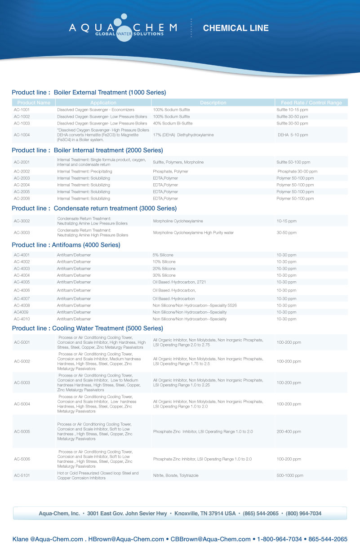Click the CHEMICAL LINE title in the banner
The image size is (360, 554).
[x=236, y=28]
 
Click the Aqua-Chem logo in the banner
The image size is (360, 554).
[x=123, y=28]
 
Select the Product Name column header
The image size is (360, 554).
[x=34, y=103]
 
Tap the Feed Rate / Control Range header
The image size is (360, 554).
[x=311, y=103]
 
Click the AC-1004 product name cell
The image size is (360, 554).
[x=22, y=135]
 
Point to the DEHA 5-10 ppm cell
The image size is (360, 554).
[x=293, y=135]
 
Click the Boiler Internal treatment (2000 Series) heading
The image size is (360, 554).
[x=87, y=150]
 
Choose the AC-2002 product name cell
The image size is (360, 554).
[x=22, y=172]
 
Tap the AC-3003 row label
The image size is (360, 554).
[x=22, y=233]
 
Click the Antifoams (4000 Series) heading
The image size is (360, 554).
[x=66, y=245]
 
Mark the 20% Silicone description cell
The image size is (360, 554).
[x=164, y=269]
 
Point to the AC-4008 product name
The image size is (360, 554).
[x=22, y=306]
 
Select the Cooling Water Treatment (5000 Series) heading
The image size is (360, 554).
[x=87, y=328]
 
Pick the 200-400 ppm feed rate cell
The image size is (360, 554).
[x=289, y=432]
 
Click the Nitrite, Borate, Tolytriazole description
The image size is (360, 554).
[x=176, y=475]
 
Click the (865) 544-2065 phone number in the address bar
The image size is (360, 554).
[x=261, y=514]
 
